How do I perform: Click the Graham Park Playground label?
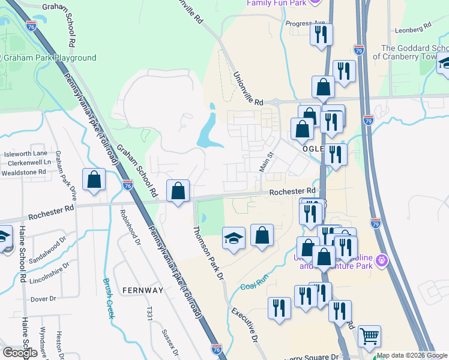(x=50, y=58)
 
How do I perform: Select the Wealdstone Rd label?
(x=25, y=172)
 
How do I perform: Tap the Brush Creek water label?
(x=109, y=298)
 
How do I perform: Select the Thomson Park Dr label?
(x=208, y=253)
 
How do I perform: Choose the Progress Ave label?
(x=305, y=23)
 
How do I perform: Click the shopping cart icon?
(x=369, y=336)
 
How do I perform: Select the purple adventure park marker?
(x=382, y=261)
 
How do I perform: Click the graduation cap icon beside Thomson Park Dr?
(x=234, y=238)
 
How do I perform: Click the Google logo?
(x=20, y=353)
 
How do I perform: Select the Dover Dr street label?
(x=43, y=298)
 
